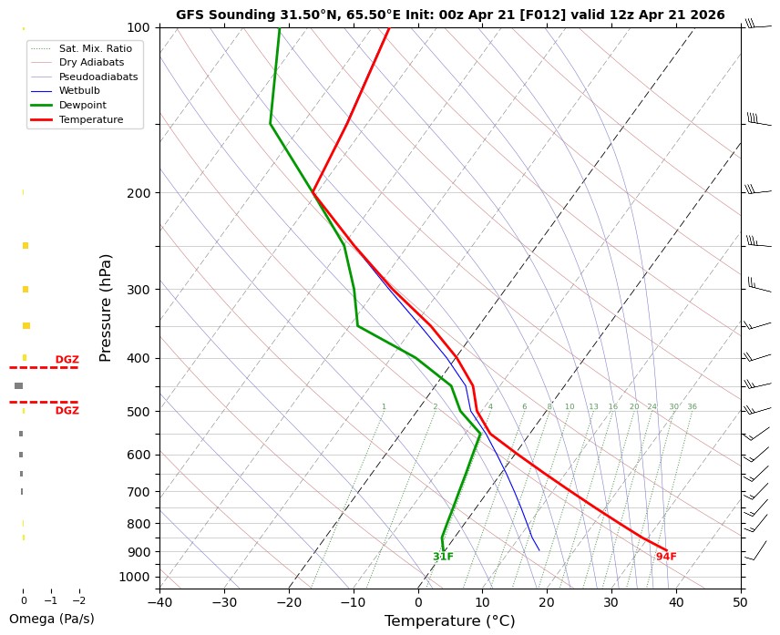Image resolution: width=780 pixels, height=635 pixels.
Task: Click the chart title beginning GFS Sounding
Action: coord(450,15)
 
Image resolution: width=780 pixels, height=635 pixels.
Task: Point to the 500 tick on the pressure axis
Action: coord(138,412)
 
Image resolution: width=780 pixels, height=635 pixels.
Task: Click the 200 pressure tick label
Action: coord(138,193)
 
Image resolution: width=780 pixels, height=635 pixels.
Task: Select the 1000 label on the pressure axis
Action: coord(134,577)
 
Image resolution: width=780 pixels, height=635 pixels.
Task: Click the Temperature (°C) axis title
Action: coord(450,621)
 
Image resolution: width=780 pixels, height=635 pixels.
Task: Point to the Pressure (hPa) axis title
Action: coord(106,307)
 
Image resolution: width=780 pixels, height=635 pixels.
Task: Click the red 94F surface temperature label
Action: coord(666,557)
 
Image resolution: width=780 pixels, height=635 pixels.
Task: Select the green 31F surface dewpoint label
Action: coord(443,557)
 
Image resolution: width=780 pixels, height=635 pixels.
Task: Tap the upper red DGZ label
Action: coord(67,360)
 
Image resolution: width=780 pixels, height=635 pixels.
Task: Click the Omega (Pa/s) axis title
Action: coord(51,619)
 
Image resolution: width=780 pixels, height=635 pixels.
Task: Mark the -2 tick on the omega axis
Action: coord(78,601)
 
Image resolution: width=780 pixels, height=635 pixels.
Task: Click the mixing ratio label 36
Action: coord(693,407)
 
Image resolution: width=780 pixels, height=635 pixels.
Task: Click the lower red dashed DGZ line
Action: coord(44,402)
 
